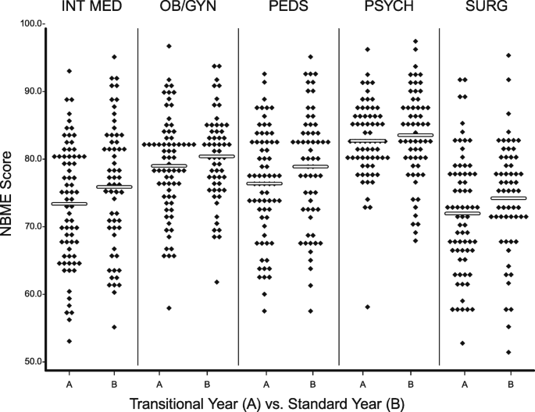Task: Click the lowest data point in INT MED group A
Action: pos(70,341)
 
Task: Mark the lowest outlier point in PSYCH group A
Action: pos(366,307)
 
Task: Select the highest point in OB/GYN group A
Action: pos(169,46)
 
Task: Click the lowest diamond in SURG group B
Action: pos(509,352)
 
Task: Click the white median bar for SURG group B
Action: pos(509,198)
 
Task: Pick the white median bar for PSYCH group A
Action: pos(366,141)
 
